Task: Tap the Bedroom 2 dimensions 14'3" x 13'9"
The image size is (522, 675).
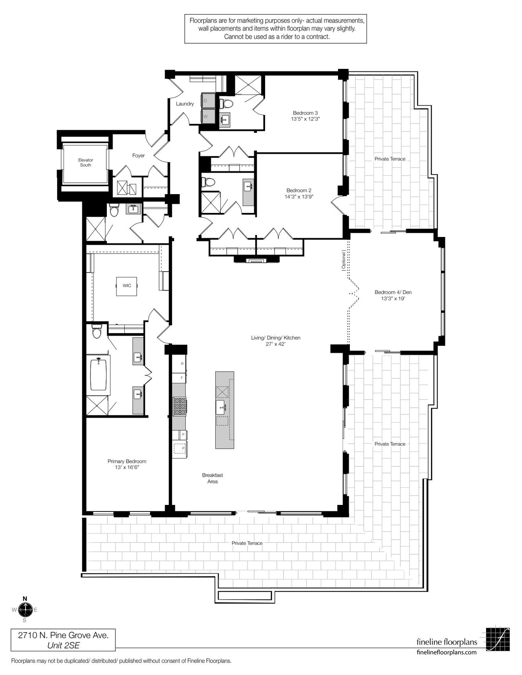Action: (x=299, y=196)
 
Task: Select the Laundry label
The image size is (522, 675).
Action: (x=185, y=104)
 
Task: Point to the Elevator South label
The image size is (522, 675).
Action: (x=85, y=162)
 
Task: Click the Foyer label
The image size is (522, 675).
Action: (x=138, y=155)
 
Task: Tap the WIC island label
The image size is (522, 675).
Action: (x=127, y=285)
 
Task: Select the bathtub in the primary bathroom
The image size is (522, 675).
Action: (x=98, y=375)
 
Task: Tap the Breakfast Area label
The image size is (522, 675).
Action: (x=212, y=478)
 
